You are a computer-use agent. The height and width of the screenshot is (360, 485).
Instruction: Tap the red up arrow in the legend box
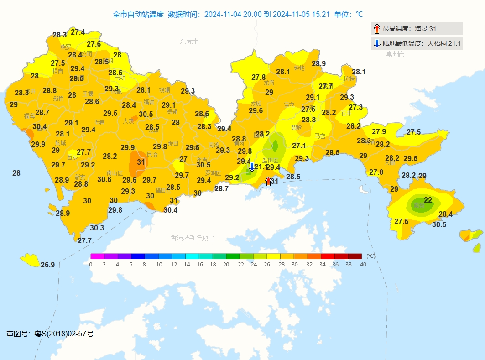377,29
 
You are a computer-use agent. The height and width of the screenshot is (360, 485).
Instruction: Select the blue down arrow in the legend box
377,43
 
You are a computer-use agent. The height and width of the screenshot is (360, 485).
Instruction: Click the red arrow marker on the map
268,181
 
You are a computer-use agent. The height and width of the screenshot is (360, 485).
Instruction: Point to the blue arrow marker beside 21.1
251,166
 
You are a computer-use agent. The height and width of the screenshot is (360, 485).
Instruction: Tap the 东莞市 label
189,42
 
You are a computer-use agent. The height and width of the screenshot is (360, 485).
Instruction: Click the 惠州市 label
396,54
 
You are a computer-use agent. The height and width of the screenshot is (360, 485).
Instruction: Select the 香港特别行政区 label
192,238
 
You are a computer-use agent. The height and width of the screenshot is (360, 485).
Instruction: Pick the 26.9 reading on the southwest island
47,265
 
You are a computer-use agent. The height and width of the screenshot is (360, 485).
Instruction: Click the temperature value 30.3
97,228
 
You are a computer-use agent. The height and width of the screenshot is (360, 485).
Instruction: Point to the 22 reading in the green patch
428,200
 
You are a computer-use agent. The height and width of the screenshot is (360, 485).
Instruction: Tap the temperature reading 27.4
78,32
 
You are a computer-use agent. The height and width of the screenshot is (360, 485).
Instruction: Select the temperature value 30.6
104,179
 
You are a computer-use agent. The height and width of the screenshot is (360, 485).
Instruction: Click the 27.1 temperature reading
299,146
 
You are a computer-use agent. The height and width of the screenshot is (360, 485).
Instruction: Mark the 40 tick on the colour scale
363,265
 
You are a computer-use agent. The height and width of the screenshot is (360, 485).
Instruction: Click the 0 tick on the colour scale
91,265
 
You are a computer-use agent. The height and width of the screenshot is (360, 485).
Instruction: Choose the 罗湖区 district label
213,173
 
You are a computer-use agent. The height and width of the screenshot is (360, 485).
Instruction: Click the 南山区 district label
115,173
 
